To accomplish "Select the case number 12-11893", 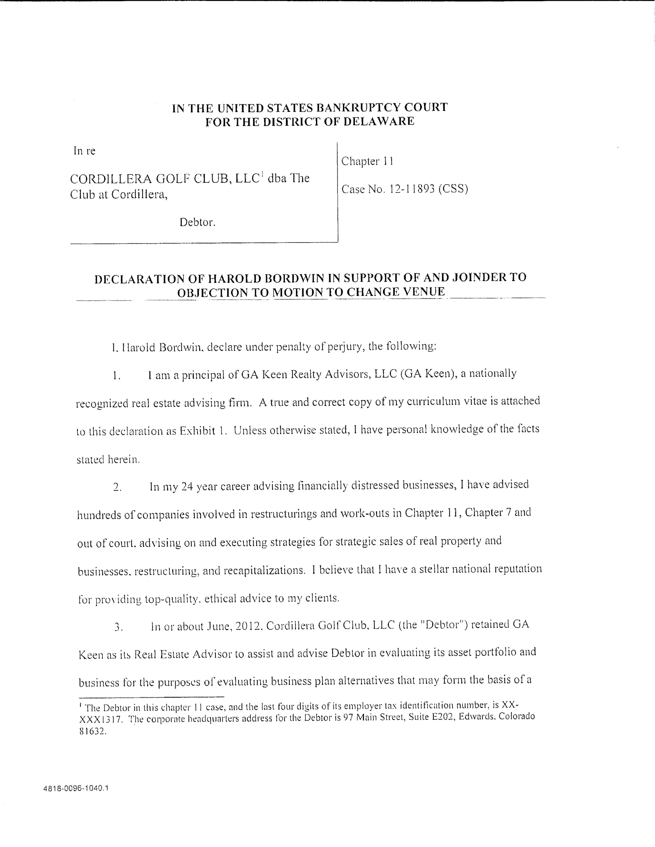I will tap(412, 189).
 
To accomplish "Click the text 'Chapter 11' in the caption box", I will tap(367, 161).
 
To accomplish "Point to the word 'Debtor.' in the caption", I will tap(197, 223).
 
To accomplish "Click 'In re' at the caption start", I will tap(84, 151).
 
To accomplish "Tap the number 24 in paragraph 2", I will tap(187, 487).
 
